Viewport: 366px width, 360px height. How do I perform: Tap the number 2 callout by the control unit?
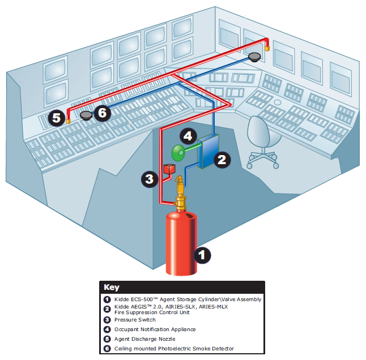[x=222, y=159]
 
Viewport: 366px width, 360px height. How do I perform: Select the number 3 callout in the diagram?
[x=149, y=179]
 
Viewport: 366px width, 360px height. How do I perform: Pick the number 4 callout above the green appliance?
[x=188, y=136]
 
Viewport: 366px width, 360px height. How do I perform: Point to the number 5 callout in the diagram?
[x=55, y=118]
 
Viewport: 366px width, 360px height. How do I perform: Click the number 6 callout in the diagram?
[x=102, y=113]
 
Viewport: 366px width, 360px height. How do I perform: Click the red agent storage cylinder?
[x=180, y=243]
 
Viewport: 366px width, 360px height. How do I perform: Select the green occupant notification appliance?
[x=180, y=152]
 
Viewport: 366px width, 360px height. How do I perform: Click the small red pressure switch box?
[x=169, y=169]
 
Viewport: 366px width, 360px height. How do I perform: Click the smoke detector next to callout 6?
[x=86, y=115]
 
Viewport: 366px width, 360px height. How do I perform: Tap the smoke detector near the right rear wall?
[x=255, y=56]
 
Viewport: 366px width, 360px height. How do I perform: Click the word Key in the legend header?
[x=112, y=287]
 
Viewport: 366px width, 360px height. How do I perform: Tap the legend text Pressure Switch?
[x=135, y=320]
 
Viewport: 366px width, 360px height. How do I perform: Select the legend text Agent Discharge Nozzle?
[x=145, y=339]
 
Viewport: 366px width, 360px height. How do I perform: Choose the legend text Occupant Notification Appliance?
[x=154, y=329]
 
